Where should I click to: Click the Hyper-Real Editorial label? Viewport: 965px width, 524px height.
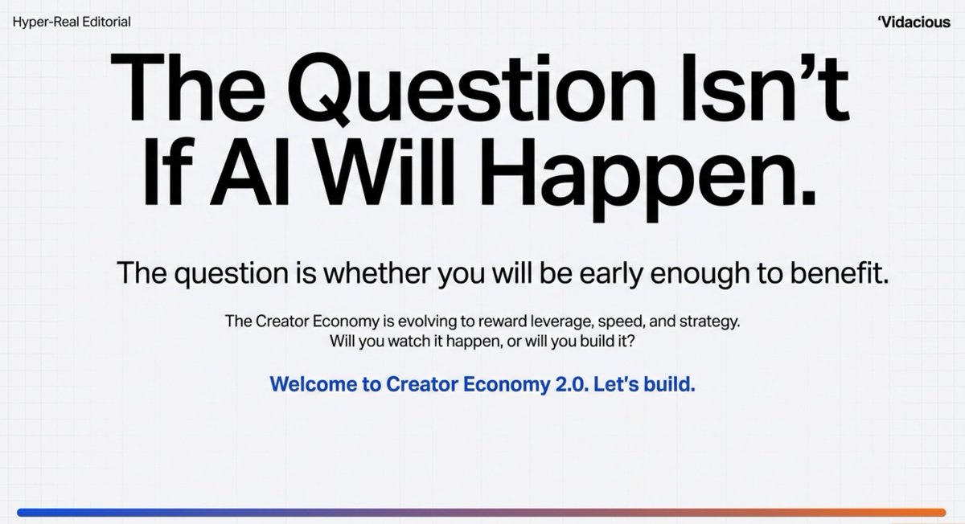click(x=72, y=22)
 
